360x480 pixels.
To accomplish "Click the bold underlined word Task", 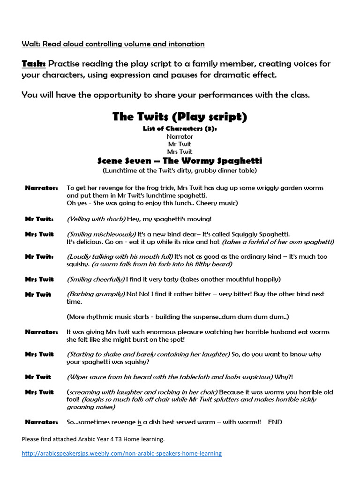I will coord(33,64).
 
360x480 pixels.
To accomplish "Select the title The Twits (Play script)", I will coord(180,117).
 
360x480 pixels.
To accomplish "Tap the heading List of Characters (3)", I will coord(180,129).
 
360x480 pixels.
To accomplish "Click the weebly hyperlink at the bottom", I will coord(122,453).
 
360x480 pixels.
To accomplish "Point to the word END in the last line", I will coord(275,422).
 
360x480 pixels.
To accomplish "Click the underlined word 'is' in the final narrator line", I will coord(139,422).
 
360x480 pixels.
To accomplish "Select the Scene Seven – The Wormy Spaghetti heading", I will coord(180,161).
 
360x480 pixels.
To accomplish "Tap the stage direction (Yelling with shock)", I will coord(96,219).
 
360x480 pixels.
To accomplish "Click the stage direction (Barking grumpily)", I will coord(96,294).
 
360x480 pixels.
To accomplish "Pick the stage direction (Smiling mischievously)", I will coord(102,234).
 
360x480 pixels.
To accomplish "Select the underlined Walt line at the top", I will coord(113,44).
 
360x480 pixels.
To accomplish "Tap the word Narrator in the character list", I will coord(180,136).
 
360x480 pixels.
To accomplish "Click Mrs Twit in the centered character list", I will coord(180,152).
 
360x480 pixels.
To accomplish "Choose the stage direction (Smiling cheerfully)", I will coord(96,279).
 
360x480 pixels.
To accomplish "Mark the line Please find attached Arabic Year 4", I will coord(93,439).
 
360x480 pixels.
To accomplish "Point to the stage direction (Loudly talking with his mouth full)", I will coord(120,256).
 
